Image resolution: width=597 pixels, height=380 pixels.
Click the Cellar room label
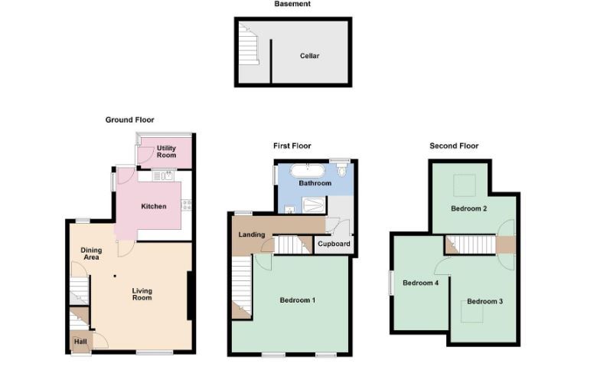[x=309, y=56]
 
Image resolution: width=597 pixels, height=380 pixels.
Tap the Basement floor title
[x=292, y=4]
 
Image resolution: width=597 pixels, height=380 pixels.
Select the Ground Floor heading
[x=130, y=120]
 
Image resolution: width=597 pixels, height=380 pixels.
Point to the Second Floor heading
[x=454, y=146]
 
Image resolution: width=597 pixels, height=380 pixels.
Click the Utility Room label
[x=166, y=152]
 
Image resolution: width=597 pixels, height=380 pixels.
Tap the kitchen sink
[x=163, y=175]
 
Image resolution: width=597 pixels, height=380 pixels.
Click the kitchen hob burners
[x=187, y=205]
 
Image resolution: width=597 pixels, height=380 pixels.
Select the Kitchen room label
[x=154, y=206]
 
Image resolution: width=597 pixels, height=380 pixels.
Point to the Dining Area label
[x=91, y=254]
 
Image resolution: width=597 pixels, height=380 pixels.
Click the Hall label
[x=80, y=342]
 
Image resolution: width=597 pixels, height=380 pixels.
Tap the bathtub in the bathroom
[x=308, y=170]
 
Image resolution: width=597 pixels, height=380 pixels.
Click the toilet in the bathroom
[x=342, y=170]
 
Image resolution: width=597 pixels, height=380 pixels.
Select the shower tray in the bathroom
[x=314, y=205]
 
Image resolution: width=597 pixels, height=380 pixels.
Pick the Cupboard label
[x=334, y=244]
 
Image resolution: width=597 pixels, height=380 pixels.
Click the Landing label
[x=252, y=234]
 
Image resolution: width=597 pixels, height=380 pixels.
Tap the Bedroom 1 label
[x=298, y=300]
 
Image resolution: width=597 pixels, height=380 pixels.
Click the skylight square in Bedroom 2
[x=464, y=185]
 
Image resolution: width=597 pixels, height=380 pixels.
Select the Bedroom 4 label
[x=420, y=283]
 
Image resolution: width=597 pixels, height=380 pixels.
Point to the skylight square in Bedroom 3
[x=472, y=311]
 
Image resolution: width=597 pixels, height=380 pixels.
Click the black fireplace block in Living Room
[x=189, y=296]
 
